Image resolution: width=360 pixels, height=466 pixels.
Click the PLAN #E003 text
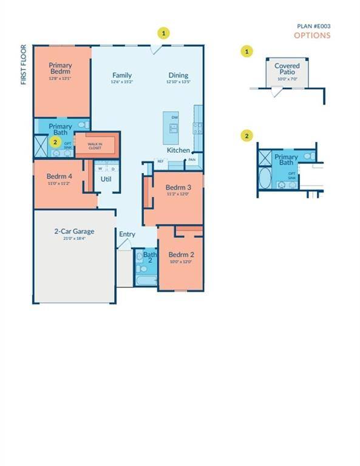pos(313,26)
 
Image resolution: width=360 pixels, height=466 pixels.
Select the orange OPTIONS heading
pos(312,35)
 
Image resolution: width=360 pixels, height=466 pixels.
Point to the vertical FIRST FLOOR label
pos(24,64)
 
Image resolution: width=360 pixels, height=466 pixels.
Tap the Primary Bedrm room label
pos(61,69)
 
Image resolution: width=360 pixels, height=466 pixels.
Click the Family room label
pos(121,75)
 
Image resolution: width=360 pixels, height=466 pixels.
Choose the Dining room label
pos(178,75)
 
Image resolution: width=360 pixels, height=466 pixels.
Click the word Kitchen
pos(178,150)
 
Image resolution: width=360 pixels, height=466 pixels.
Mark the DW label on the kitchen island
pos(175,117)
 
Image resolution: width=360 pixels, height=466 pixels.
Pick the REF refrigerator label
pos(161,161)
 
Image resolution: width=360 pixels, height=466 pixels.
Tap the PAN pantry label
pos(192,160)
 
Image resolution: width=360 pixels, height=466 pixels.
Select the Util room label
pos(106,179)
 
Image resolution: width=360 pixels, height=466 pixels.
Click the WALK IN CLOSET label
pos(95,145)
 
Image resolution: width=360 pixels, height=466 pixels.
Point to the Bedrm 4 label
pos(58,177)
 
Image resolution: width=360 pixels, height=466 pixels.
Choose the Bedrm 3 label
pos(178,187)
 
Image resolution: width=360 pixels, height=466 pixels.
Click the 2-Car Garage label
pos(74,231)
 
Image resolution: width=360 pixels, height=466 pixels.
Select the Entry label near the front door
pos(127,234)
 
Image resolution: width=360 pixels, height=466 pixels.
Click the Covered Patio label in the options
pos(287,69)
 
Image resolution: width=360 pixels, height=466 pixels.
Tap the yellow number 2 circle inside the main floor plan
pos(55,142)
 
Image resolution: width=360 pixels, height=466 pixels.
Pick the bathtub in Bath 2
pos(145,282)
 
